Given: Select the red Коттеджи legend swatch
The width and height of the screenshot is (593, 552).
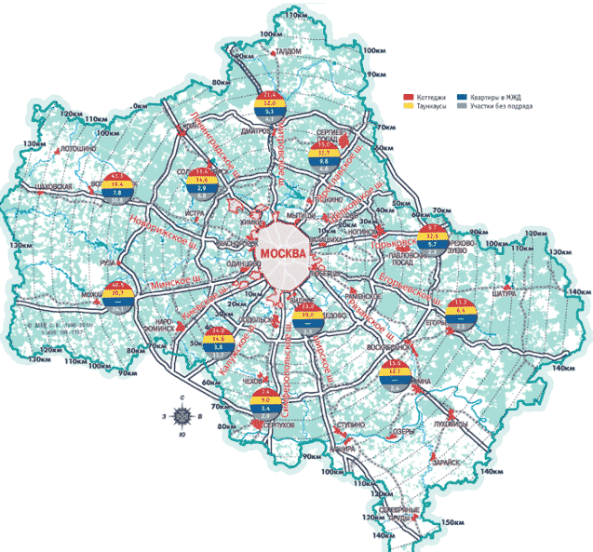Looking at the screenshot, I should coord(407,97).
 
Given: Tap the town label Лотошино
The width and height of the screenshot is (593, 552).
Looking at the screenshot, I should coord(80,149).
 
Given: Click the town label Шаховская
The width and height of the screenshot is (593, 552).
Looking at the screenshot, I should coord(53,186).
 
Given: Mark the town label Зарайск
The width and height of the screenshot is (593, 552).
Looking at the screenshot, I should coord(447,463).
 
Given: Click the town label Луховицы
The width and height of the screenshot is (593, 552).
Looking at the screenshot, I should coord(478,421).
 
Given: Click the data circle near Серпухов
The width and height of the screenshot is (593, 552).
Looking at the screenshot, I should coord(266,403).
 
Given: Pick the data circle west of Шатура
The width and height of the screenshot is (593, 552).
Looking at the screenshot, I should coord(463,316).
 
